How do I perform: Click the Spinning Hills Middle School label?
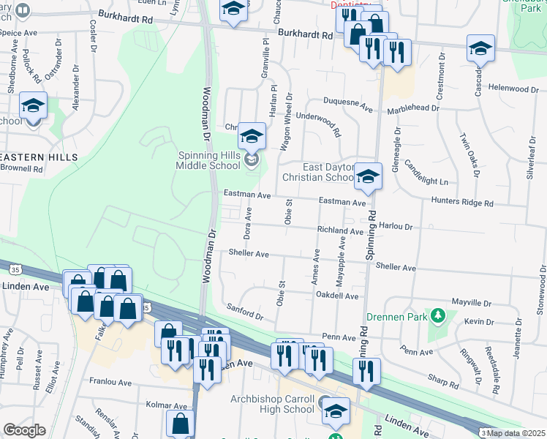pos(213,160)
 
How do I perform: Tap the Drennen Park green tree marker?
pos(438,315)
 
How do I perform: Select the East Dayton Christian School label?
pos(319,172)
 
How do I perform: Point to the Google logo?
pos(24,430)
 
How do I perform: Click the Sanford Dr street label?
pos(245,312)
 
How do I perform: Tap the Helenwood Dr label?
pos(513,89)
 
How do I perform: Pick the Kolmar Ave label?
pos(167,405)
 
